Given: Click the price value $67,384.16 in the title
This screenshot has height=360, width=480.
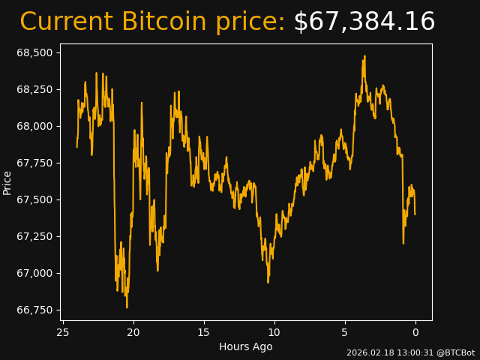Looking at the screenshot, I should pos(364,22).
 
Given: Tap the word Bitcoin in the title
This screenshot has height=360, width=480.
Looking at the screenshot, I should pos(166,22).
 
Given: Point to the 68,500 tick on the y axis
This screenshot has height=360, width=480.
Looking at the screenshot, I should pos(34,52).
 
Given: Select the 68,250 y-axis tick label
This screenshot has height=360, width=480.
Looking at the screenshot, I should pos(34,89).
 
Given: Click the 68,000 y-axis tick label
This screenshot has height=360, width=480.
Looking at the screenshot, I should pos(34,126).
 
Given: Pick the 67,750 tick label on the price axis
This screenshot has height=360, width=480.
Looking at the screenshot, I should pos(34,163).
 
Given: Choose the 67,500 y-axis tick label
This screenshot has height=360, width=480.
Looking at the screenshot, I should pos(34,199).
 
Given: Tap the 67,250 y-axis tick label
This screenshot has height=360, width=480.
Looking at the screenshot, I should pos(34,236).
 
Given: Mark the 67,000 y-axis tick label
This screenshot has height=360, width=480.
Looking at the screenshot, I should pos(34,273).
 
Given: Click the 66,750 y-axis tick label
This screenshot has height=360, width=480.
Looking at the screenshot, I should pos(34,310).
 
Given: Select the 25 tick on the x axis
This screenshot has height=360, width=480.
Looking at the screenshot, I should pos(63,332).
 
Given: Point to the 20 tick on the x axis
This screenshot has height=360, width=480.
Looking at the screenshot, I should pos(133,332).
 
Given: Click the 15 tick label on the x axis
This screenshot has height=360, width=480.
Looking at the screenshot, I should pos(204,332).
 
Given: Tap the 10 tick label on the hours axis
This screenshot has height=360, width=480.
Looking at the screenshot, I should pos(274,332).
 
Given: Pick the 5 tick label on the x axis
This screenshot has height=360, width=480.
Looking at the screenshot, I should pos(345,332).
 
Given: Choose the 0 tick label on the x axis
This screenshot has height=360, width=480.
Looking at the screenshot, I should pos(415,332).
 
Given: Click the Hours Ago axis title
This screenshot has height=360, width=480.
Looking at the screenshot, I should pos(246,346).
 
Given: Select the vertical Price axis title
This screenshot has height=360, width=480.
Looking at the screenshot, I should pos(7,182).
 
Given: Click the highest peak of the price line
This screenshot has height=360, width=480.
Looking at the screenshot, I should pos(364,56).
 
